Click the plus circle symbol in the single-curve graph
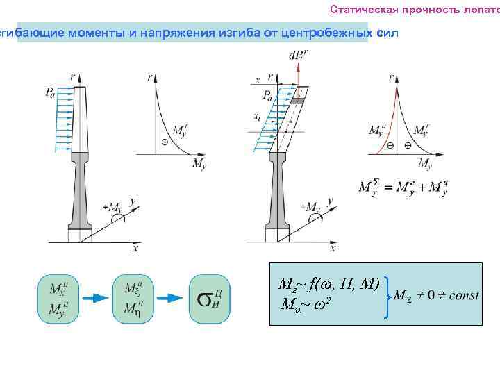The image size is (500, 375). pyautogui.click(x=165, y=141)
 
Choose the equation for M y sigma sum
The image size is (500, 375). pyautogui.click(x=402, y=187)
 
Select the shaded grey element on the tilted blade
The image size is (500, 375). pyautogui.click(x=297, y=101)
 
